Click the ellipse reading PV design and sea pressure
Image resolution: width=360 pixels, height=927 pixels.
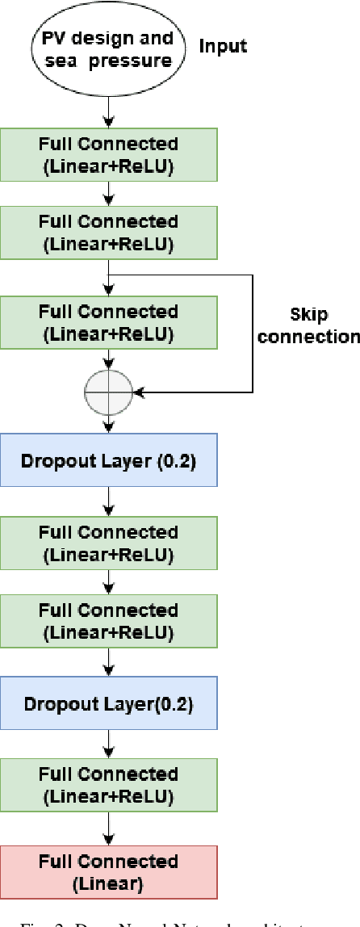pos(108,48)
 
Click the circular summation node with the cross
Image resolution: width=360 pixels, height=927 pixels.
pos(108,392)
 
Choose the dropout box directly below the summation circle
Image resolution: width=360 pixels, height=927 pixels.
pos(108,460)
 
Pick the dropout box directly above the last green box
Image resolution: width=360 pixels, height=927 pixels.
pos(108,703)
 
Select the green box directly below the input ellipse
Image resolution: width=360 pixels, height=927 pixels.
pos(108,155)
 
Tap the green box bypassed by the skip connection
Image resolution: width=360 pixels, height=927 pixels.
pos(108,321)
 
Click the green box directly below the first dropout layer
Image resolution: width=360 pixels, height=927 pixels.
pos(108,542)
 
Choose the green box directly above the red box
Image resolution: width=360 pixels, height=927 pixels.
pos(108,784)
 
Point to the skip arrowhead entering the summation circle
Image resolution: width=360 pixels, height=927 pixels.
pos(138,392)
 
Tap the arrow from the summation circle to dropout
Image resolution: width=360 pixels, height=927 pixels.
pos(108,424)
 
